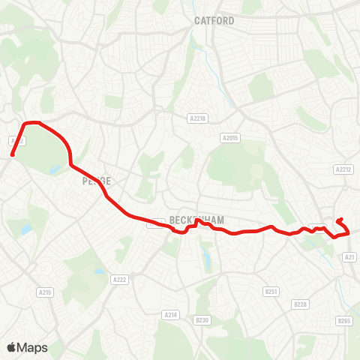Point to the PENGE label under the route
(x=96, y=181)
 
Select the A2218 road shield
(x=197, y=118)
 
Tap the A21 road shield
(x=349, y=256)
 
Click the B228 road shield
(x=301, y=304)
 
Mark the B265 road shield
(x=344, y=321)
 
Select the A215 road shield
(x=44, y=292)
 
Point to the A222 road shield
(x=119, y=279)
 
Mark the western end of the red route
(x=13, y=155)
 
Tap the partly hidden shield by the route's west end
(x=16, y=140)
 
